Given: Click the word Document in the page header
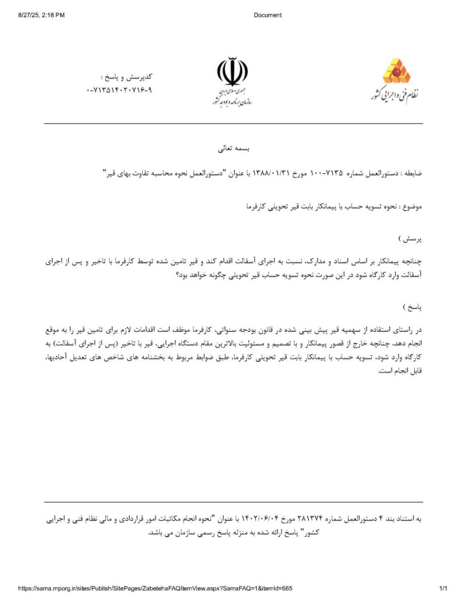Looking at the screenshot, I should [267, 15].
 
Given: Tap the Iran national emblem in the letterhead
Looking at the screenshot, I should [232, 72].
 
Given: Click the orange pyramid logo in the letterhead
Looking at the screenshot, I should [397, 72].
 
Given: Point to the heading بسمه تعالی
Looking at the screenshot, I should [233, 149].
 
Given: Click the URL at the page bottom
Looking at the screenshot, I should [155, 588].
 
